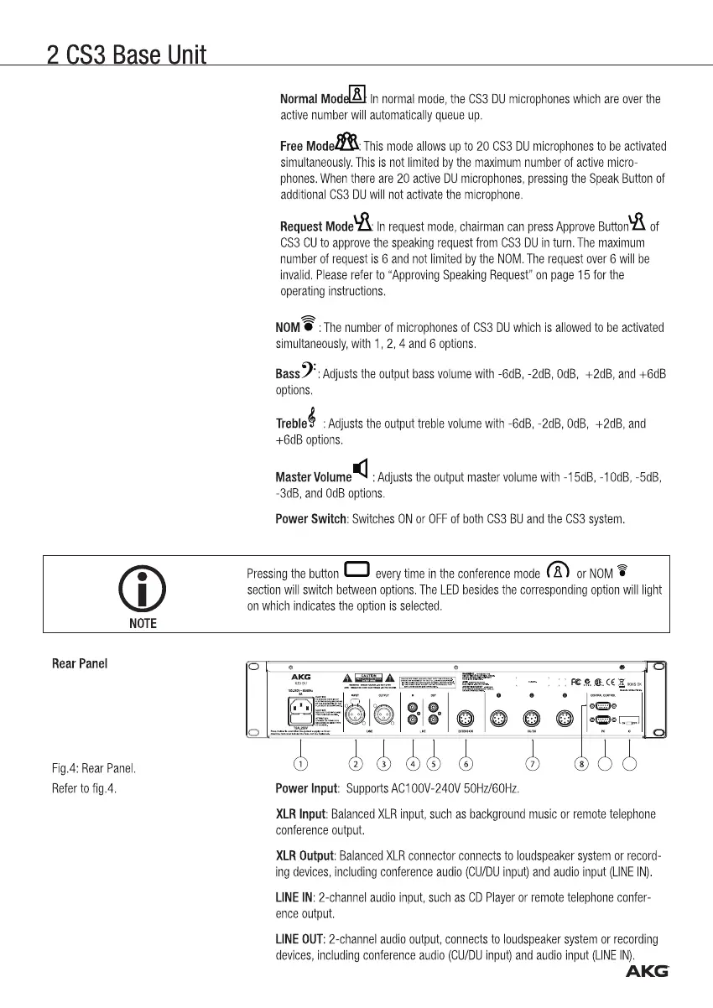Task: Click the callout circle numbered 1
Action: tap(300, 763)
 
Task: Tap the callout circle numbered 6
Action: tap(466, 763)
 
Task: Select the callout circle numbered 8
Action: tap(582, 763)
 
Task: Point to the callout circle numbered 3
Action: tap(384, 763)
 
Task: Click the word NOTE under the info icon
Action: tap(142, 623)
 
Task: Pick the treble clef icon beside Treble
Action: tap(312, 417)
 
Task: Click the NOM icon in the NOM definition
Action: tap(308, 321)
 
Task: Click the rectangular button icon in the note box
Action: tap(356, 570)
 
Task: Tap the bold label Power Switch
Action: tap(310, 519)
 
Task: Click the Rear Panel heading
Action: tap(79, 663)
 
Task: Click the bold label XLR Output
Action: tap(304, 855)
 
